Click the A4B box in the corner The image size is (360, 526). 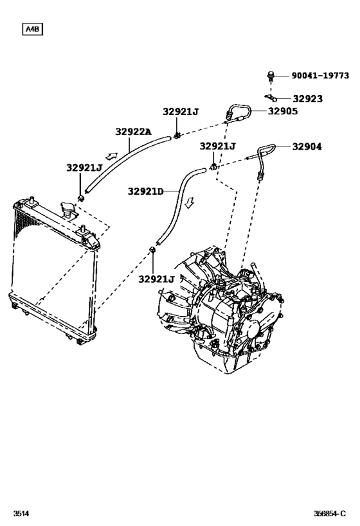click(x=32, y=29)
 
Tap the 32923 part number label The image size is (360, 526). click(x=307, y=99)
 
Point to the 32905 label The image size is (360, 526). click(x=282, y=110)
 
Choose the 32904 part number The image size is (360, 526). click(x=307, y=146)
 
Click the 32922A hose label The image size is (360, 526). click(x=133, y=132)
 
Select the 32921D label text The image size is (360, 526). click(x=145, y=191)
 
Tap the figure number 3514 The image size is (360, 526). click(x=21, y=514)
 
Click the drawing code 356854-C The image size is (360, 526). click(x=332, y=514)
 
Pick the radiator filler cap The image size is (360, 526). click(x=66, y=209)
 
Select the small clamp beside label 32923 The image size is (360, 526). click(x=270, y=98)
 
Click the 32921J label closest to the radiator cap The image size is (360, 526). click(x=84, y=168)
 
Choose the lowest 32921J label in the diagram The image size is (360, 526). click(x=156, y=279)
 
